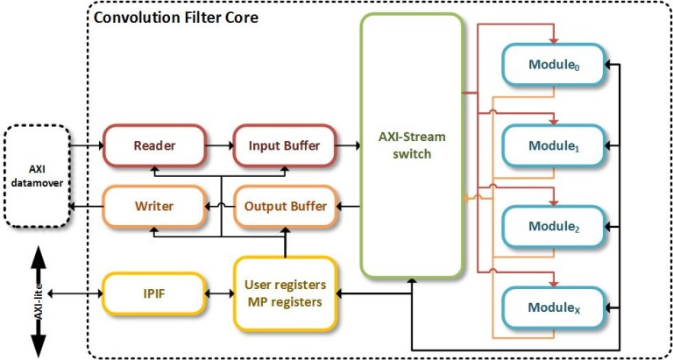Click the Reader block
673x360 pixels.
(x=154, y=145)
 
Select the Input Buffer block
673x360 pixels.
(x=284, y=145)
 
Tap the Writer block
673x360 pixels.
(x=154, y=207)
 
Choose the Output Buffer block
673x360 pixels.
(x=284, y=207)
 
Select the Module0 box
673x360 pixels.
(x=554, y=65)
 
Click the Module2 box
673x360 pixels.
(x=554, y=226)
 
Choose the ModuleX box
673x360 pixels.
(x=554, y=307)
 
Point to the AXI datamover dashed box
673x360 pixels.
(x=36, y=175)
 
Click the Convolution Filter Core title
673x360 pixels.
(x=175, y=17)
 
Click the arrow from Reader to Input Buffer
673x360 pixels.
(x=219, y=145)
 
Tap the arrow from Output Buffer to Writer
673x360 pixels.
(x=219, y=207)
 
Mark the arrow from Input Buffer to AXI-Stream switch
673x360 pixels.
(x=349, y=145)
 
